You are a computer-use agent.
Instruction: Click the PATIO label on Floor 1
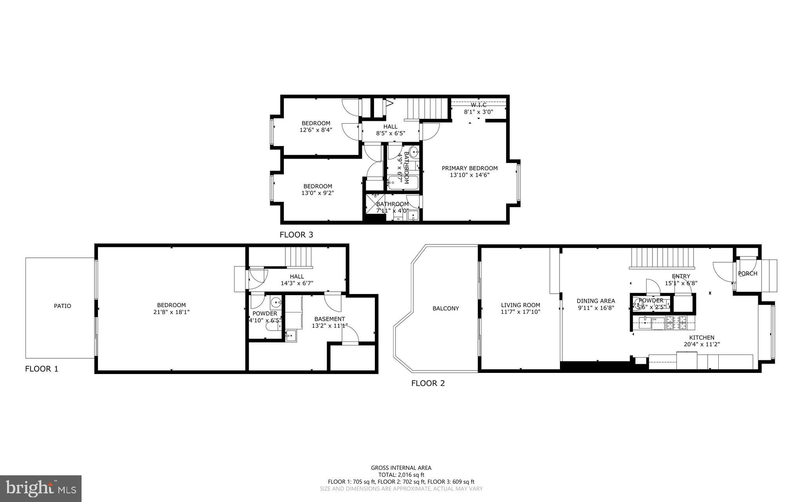62,306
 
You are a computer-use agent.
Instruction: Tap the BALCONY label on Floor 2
445,309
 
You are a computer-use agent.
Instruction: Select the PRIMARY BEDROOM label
469,168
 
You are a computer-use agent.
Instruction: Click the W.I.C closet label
478,105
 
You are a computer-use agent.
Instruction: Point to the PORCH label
747,274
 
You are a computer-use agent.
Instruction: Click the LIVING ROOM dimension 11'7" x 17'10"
520,312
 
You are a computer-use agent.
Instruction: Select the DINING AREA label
596,301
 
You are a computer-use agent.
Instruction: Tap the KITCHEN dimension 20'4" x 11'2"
702,345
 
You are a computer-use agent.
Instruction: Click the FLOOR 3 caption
296,235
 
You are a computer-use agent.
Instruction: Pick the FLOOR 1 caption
42,369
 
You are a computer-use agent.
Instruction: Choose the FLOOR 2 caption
428,383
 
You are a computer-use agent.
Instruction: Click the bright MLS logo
41,488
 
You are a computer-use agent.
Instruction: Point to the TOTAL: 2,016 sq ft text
401,475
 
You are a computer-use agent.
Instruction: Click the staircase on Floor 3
427,108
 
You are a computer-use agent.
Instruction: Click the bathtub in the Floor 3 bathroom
403,183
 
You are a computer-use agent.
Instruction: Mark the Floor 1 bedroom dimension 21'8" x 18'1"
171,312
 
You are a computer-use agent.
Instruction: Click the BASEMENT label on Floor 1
329,319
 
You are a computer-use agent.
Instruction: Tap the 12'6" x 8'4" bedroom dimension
316,130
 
